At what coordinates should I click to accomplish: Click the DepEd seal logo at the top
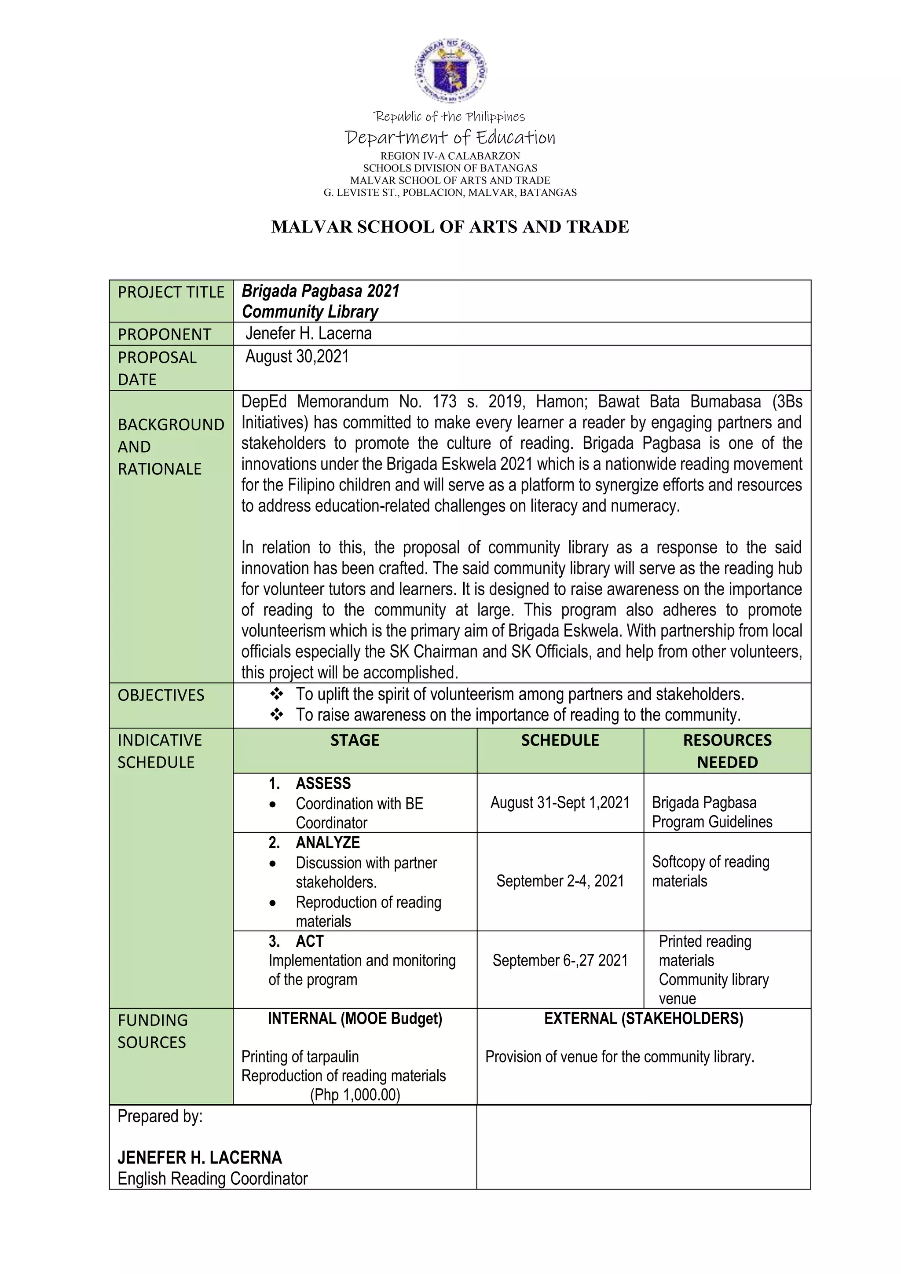pyautogui.click(x=450, y=70)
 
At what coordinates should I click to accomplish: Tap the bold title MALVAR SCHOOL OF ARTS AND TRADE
pyautogui.click(x=450, y=227)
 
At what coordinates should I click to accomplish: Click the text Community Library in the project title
pyautogui.click(x=310, y=312)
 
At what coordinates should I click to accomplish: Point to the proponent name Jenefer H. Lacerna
pyautogui.click(x=308, y=333)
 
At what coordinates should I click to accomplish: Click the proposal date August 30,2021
pyautogui.click(x=297, y=356)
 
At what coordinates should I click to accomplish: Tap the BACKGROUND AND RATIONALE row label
pyautogui.click(x=171, y=447)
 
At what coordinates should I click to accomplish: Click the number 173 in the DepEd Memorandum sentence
pyautogui.click(x=444, y=401)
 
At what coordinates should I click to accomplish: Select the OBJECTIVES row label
pyautogui.click(x=161, y=695)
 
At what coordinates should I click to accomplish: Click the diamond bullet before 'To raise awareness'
pyautogui.click(x=276, y=715)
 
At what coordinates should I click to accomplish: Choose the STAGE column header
pyautogui.click(x=355, y=740)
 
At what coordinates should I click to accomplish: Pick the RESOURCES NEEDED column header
pyautogui.click(x=727, y=751)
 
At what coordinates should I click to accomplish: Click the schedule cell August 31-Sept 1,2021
pyautogui.click(x=560, y=802)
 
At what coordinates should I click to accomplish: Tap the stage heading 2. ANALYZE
pyautogui.click(x=315, y=842)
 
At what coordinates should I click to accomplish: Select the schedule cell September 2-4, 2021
pyautogui.click(x=560, y=881)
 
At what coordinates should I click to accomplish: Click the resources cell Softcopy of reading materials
pyautogui.click(x=710, y=871)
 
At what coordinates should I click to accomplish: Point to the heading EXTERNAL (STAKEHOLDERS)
pyautogui.click(x=643, y=1018)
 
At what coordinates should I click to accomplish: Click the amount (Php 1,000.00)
pyautogui.click(x=355, y=1095)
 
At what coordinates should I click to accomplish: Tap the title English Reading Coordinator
pyautogui.click(x=212, y=1179)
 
